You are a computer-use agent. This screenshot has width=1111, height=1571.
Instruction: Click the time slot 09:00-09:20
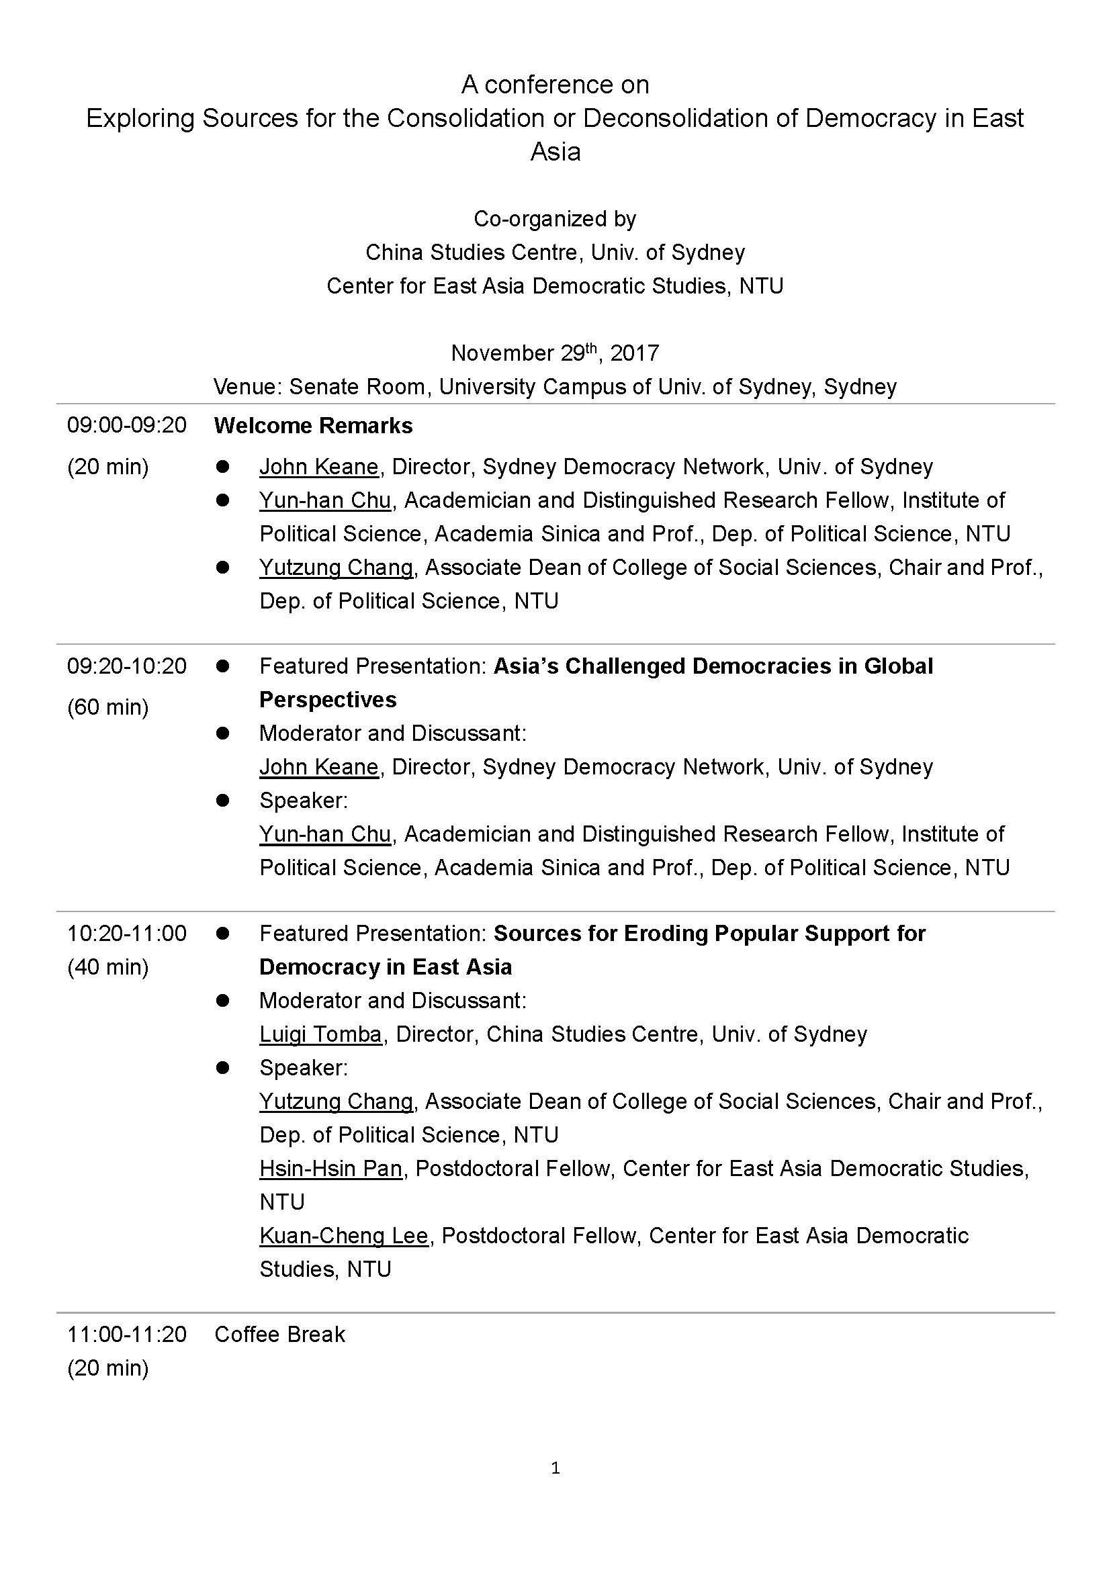[126, 426]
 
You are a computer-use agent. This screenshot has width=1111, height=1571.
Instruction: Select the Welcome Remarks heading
[313, 426]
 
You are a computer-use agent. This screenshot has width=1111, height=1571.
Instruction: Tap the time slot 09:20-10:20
[126, 666]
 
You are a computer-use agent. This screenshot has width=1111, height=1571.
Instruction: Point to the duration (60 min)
[107, 706]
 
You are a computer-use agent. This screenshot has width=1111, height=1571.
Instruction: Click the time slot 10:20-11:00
[126, 934]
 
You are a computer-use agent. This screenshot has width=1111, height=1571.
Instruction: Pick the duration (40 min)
[107, 967]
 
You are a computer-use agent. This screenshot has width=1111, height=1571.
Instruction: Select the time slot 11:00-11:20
[126, 1334]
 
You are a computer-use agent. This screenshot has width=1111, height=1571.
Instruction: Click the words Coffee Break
[280, 1334]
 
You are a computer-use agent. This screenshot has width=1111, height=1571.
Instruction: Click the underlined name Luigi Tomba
[320, 1034]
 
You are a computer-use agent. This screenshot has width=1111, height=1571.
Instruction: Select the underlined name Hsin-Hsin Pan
[330, 1168]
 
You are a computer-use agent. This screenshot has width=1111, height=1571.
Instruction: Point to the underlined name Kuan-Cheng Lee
[343, 1235]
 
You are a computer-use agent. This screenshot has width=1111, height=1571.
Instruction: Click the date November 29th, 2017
[555, 353]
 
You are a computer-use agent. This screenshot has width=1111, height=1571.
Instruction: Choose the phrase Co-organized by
[555, 219]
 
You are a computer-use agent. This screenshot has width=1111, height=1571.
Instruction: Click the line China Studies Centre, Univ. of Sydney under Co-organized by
[555, 253]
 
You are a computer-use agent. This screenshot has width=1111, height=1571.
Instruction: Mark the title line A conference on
[555, 85]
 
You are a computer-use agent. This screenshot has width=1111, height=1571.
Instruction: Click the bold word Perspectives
[328, 699]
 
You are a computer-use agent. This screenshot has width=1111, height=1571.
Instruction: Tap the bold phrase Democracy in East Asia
[385, 967]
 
